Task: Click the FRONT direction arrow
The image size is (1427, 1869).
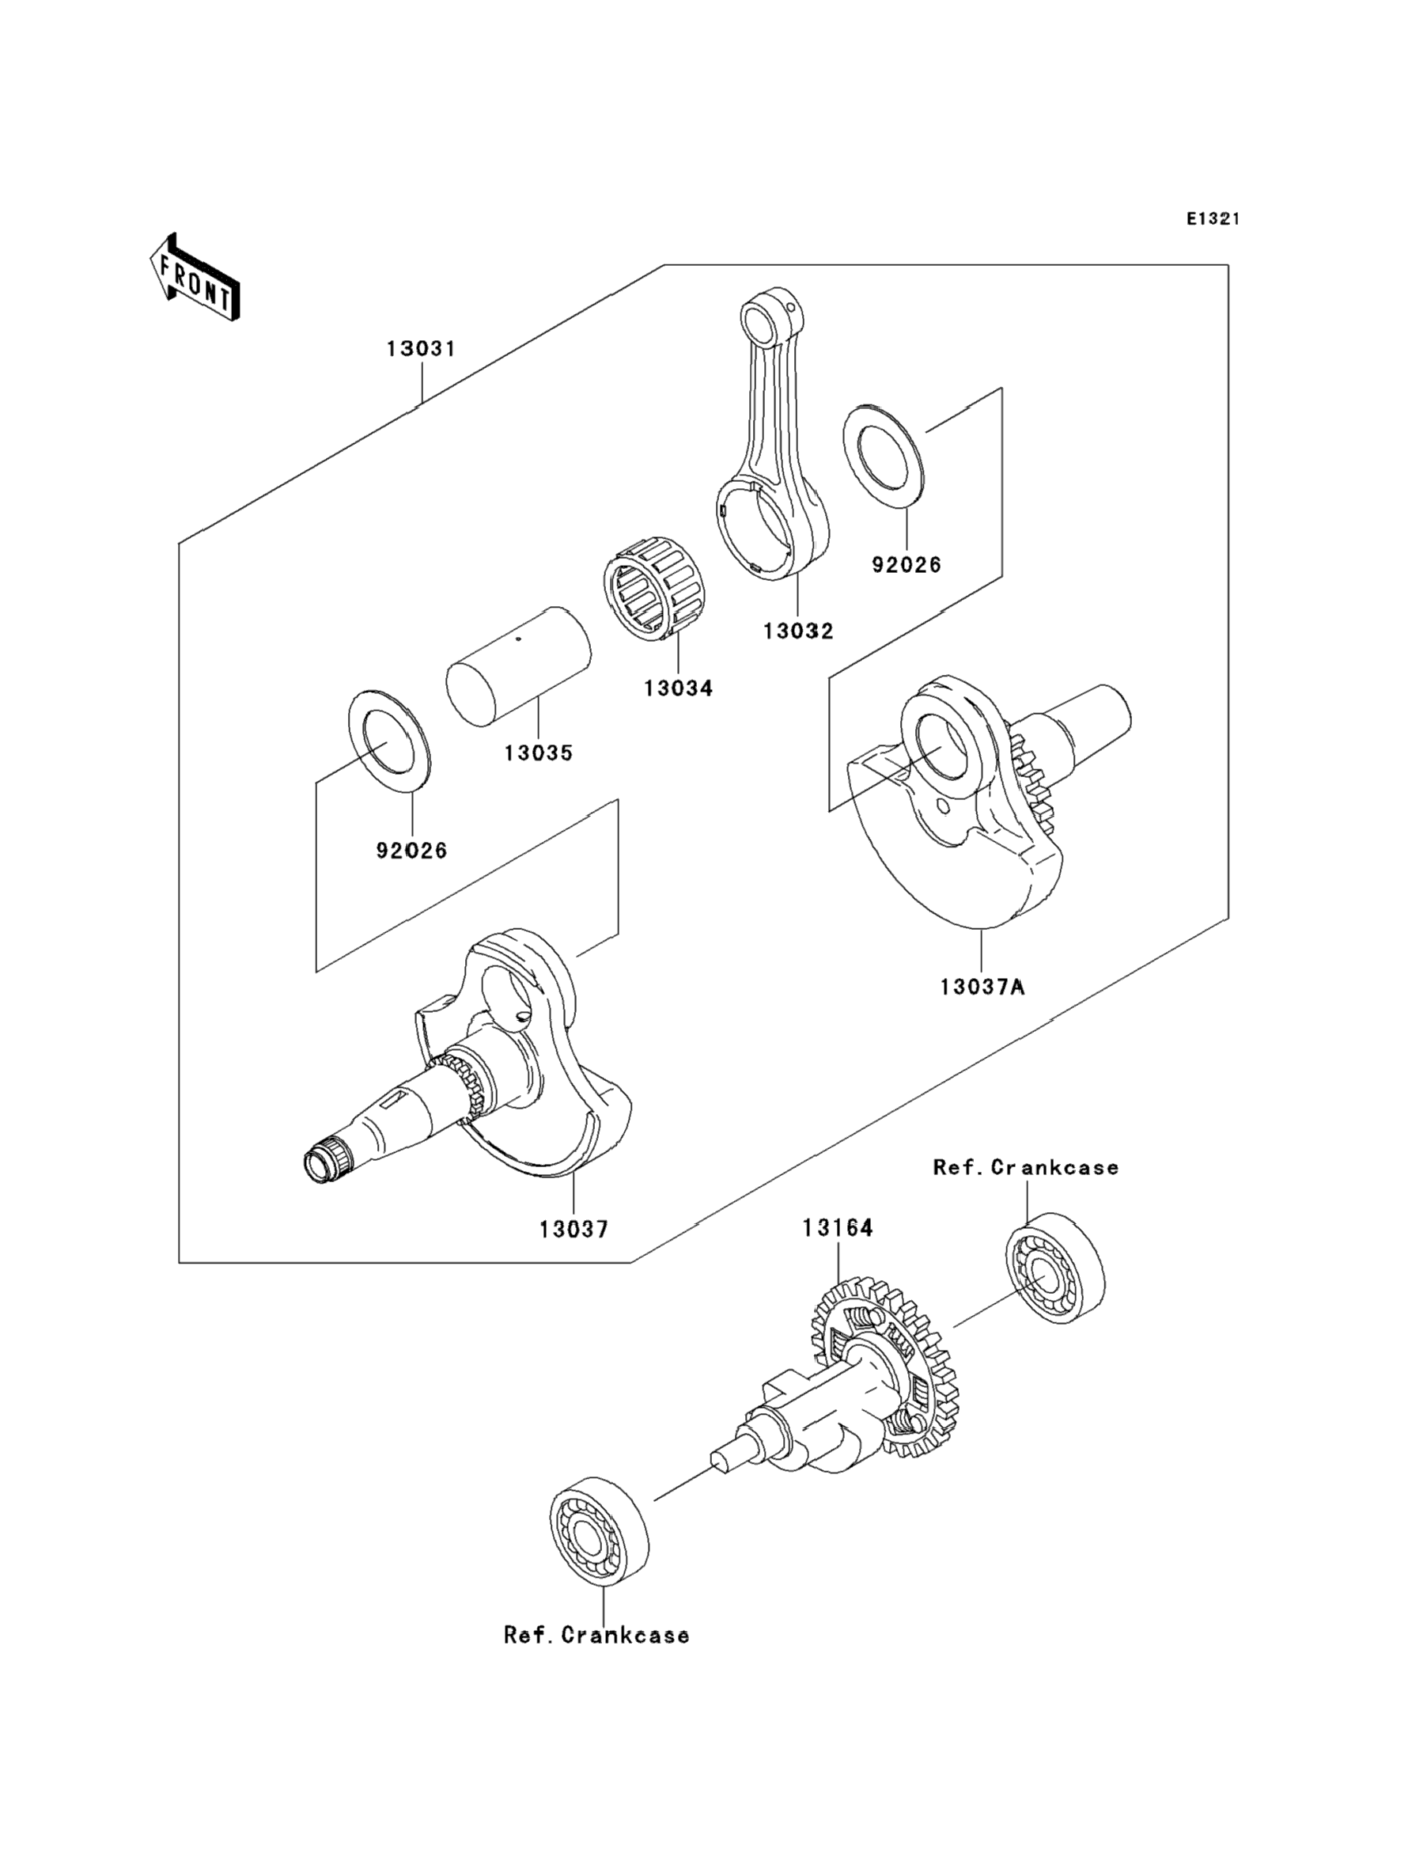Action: point(195,278)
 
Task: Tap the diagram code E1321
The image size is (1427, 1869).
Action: point(1213,219)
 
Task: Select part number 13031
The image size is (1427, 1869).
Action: point(422,349)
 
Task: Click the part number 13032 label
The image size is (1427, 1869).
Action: point(797,631)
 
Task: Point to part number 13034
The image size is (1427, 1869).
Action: point(678,688)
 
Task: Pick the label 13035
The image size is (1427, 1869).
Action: point(539,753)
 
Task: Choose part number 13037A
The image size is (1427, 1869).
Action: point(982,988)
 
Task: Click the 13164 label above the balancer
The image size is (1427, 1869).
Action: point(838,1227)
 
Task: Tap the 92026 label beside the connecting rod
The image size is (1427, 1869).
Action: point(907,565)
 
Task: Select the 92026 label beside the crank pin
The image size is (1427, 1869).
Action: point(412,851)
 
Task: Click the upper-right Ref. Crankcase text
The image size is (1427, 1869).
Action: point(1026,1168)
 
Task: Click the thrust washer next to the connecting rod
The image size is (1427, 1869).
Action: point(884,459)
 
